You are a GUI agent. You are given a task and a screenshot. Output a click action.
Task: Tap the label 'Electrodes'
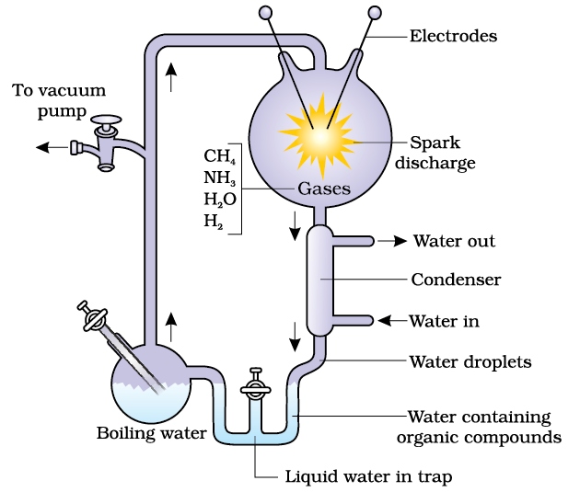[453, 36]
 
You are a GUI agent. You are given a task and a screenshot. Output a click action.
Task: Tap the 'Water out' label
[454, 241]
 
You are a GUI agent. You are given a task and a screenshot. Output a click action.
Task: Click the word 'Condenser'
[456, 279]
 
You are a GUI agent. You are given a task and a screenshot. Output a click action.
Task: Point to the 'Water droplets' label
[471, 361]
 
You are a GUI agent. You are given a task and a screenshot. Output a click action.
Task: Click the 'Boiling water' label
[151, 432]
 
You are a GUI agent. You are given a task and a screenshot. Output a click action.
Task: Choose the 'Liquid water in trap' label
[366, 476]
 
